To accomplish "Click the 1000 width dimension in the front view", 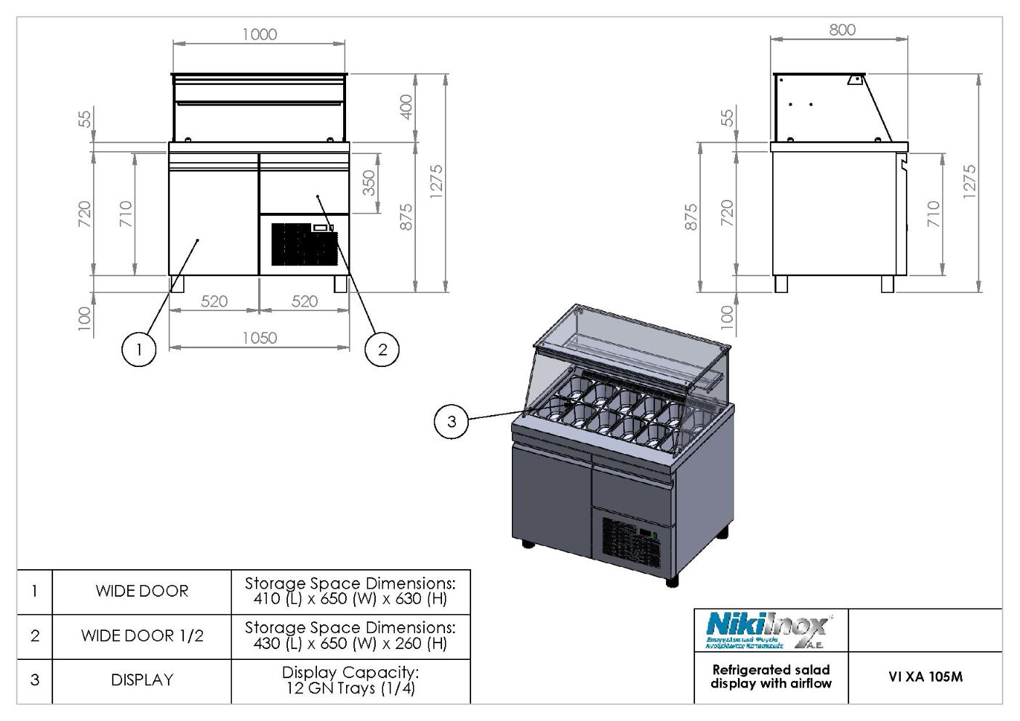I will pos(260,34).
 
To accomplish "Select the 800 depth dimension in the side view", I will pos(842,30).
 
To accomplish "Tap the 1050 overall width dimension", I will pos(260,337).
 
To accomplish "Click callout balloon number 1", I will pos(139,350).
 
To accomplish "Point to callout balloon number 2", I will pos(382,350).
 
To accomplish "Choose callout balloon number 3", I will pos(451,422).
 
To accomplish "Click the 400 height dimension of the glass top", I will pos(406,107).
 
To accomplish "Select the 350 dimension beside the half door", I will pos(369,182).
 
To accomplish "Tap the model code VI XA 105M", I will pos(925,677).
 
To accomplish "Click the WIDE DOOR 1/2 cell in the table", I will pos(142,636).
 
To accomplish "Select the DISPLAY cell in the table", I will pos(142,680).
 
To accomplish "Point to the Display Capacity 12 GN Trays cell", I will pos(350,680).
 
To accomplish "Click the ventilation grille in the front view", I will pos(304,244).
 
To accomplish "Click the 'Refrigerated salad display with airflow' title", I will pos(771,677).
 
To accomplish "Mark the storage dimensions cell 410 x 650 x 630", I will pos(350,591).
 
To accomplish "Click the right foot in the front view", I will pos(340,283).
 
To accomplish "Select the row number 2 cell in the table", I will pos(35,636).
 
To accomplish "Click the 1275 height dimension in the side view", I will pos(968,180).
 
